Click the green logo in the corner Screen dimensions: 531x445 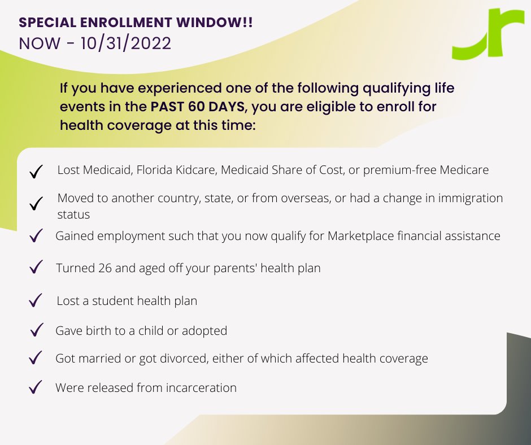[488, 34]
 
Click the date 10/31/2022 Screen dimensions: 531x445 [126, 43]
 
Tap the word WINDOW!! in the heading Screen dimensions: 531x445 [214, 23]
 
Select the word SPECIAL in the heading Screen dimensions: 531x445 [47, 23]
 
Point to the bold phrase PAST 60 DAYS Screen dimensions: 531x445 [198, 107]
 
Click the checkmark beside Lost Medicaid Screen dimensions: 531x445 [36, 171]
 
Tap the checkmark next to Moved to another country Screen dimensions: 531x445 [36, 203]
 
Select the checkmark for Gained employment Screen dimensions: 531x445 [36, 235]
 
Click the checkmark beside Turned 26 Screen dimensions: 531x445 [36, 267]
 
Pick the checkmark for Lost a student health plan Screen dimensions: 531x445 [36, 300]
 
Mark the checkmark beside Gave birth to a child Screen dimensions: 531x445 [37, 330]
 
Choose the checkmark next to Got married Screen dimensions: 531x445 [36, 357]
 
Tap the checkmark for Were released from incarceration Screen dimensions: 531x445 [36, 387]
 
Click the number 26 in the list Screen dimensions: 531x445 [105, 268]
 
